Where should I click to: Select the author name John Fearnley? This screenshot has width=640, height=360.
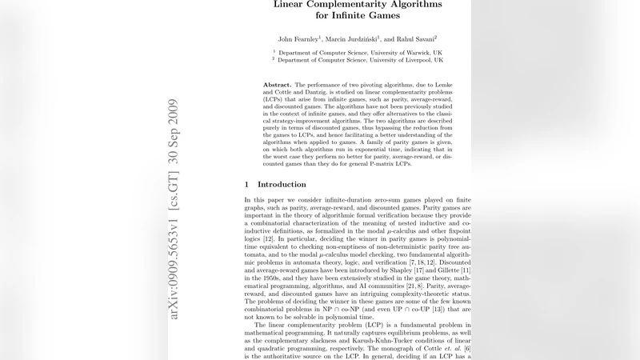tap(298, 38)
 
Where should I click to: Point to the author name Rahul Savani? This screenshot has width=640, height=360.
tap(417, 38)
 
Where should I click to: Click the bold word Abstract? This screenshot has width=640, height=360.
tap(277, 84)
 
